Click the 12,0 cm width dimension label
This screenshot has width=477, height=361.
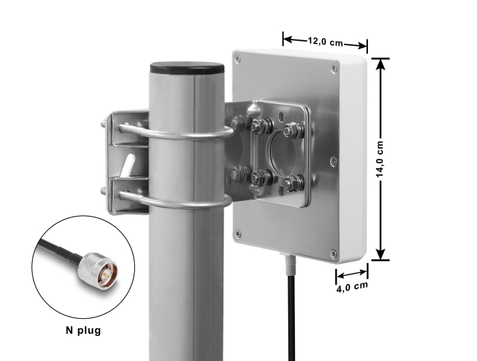coord(325,42)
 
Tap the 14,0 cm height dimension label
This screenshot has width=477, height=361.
coord(380,159)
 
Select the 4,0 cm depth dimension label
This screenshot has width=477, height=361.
coord(352,287)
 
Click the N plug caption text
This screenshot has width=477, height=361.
coord(83,330)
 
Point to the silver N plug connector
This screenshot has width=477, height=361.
coord(97,267)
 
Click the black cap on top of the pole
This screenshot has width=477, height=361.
coord(187,68)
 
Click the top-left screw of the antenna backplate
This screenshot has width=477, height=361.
coord(238,57)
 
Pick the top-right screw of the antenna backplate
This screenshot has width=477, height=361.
coord(334,68)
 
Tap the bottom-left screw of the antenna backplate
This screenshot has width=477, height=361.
coord(238,233)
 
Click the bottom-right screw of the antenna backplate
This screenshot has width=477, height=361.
coord(333,253)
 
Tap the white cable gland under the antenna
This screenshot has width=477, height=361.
coord(290,264)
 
